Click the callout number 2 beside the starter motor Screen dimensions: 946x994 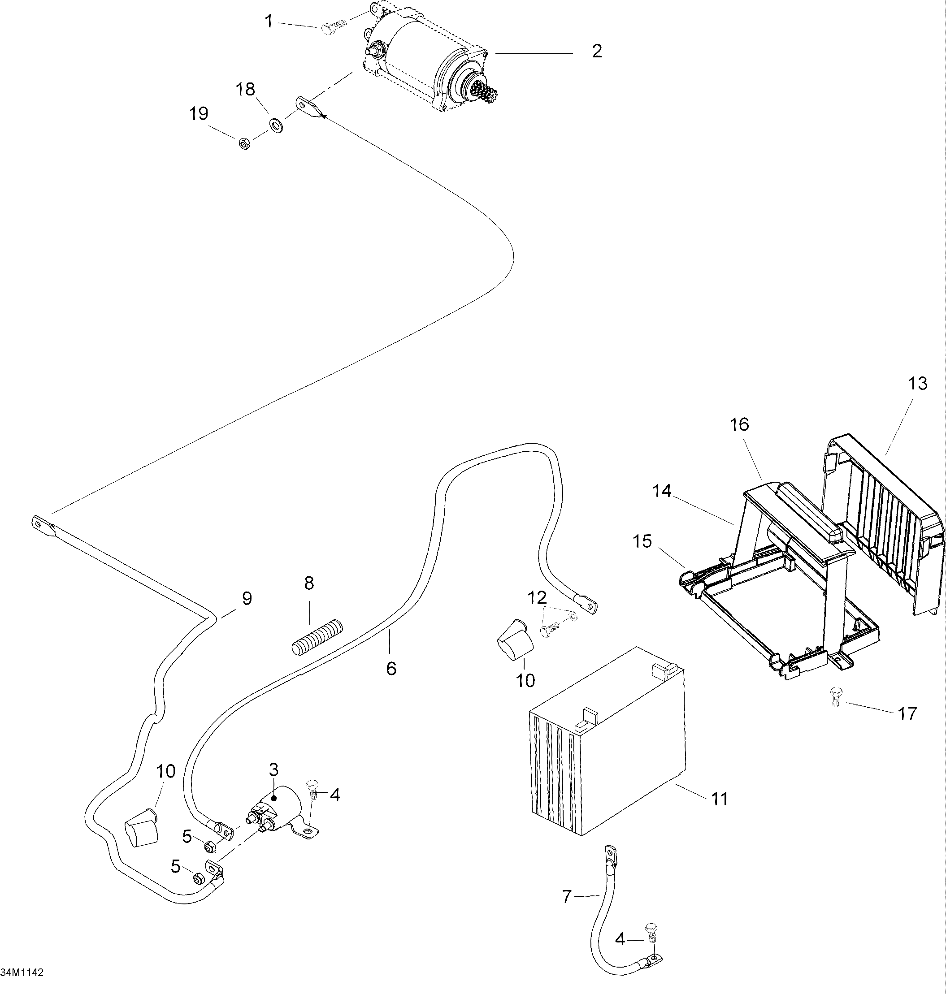(597, 51)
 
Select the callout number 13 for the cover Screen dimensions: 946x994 (917, 384)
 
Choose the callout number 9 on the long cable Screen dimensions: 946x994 (247, 598)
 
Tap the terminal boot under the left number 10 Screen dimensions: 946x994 (141, 828)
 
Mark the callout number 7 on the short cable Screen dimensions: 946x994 (567, 897)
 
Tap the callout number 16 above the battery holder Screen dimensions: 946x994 (739, 424)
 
